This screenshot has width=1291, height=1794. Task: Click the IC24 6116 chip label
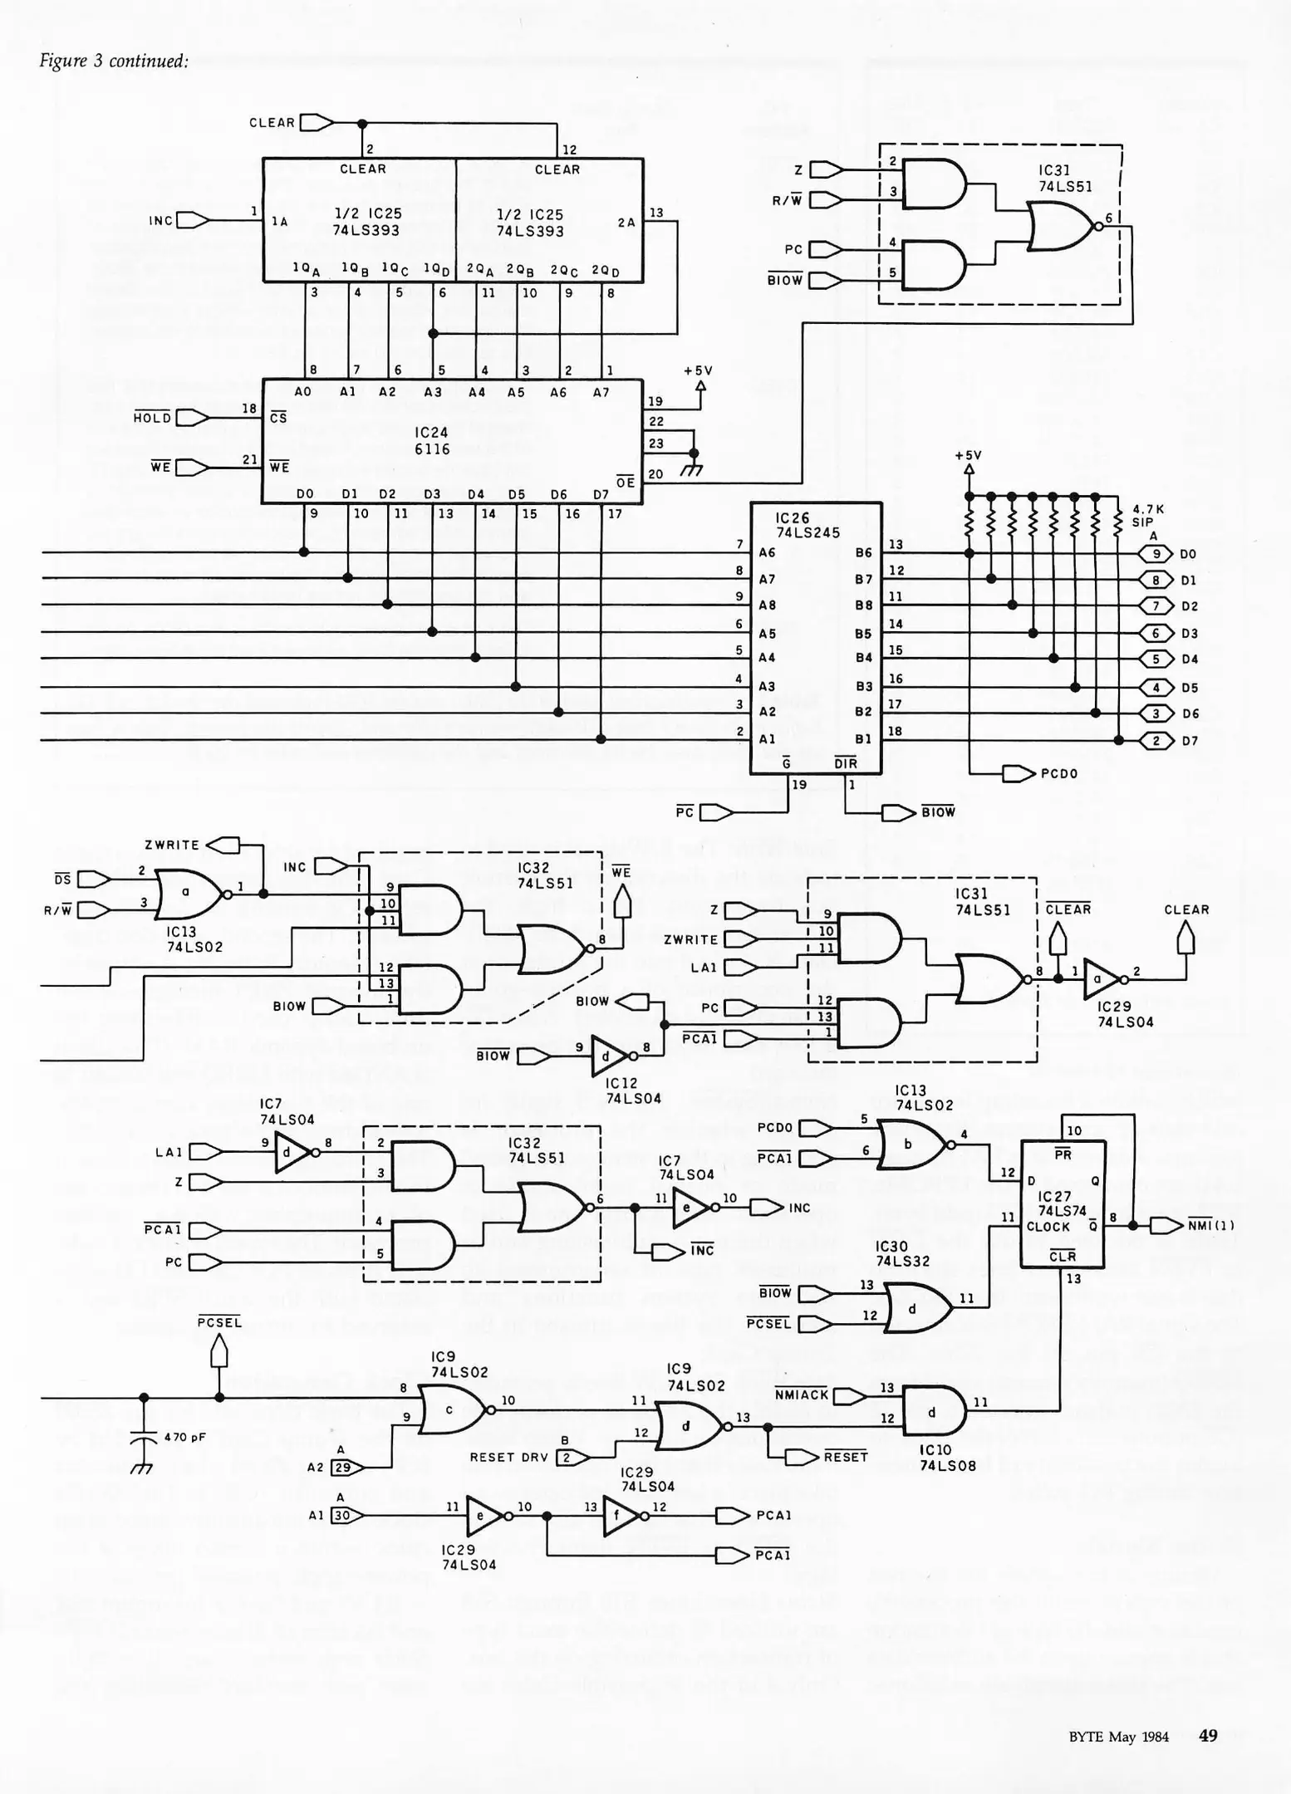[x=432, y=441]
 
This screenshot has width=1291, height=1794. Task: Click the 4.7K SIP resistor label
[x=1148, y=516]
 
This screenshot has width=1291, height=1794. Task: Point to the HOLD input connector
[x=192, y=418]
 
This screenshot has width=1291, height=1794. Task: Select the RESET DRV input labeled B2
[x=567, y=1458]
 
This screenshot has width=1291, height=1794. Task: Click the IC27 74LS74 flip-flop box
[x=1063, y=1203]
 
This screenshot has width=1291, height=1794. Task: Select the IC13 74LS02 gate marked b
[x=911, y=1144]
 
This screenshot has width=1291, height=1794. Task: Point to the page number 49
[x=1208, y=1735]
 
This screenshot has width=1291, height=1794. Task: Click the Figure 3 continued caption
[x=114, y=61]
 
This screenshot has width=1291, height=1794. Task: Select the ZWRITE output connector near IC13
[x=223, y=846]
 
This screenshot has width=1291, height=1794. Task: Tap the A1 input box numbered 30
[x=342, y=1516]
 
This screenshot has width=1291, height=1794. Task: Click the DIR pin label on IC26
[x=845, y=763]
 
